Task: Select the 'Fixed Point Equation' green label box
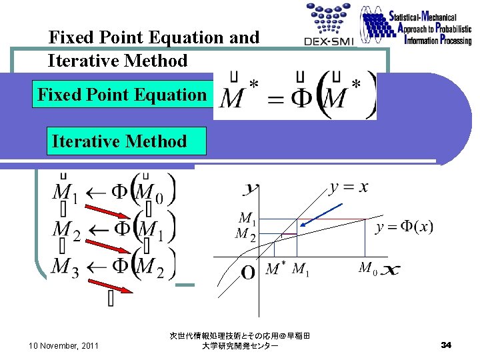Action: tap(123, 95)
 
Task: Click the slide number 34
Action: tap(447, 345)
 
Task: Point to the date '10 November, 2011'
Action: tap(64, 345)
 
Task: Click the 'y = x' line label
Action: tap(348, 187)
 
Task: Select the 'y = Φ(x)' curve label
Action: tap(404, 227)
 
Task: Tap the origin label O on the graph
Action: tap(248, 273)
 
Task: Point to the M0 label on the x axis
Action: tap(367, 268)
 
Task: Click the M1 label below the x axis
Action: tap(301, 269)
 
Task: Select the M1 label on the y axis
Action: tap(247, 218)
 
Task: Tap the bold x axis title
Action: tap(391, 271)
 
